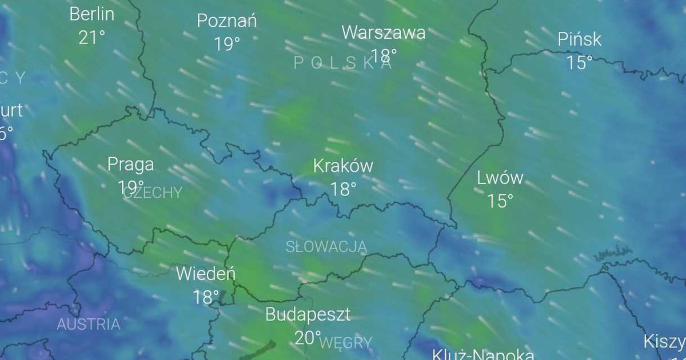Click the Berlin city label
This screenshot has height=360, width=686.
tap(91, 14)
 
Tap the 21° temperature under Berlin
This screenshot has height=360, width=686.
tap(91, 38)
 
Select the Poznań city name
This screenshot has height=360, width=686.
tap(226, 21)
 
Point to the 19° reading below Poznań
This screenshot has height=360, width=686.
tap(226, 44)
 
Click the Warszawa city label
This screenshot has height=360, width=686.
tap(384, 33)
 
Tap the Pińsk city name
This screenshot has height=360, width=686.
tap(580, 39)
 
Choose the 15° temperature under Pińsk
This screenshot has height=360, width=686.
tap(579, 63)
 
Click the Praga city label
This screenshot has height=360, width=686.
tap(131, 165)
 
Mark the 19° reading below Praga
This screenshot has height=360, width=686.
tap(131, 187)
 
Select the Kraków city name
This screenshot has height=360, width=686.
tap(343, 166)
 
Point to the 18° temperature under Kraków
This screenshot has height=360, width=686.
tap(343, 189)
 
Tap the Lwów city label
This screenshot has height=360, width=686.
tap(500, 178)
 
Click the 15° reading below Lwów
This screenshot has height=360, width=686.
tap(500, 201)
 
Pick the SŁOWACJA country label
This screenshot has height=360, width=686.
tap(326, 246)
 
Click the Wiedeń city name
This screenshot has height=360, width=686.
tap(205, 274)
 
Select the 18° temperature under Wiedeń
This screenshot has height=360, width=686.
tap(205, 297)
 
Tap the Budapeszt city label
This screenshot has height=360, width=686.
tap(308, 314)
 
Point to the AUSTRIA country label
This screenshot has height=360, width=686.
tap(89, 325)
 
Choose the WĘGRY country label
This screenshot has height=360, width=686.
tap(346, 343)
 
